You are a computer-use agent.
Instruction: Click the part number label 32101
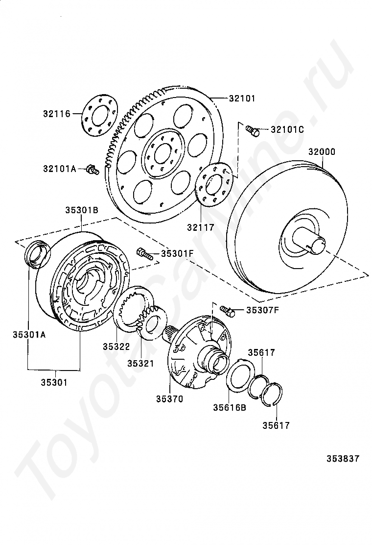[x=242, y=98]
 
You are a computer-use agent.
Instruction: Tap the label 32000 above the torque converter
[x=322, y=152]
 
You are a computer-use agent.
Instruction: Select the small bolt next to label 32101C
[x=253, y=130]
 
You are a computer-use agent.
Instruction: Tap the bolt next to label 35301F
[x=143, y=253]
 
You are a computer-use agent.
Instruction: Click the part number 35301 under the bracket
[x=54, y=382]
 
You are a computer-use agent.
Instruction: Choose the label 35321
[x=140, y=364]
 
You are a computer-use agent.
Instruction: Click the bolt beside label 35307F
[x=226, y=310]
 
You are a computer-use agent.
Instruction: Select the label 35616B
[x=229, y=407]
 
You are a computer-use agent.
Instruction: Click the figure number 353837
[x=344, y=459]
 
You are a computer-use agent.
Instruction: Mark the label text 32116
[x=56, y=114]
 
